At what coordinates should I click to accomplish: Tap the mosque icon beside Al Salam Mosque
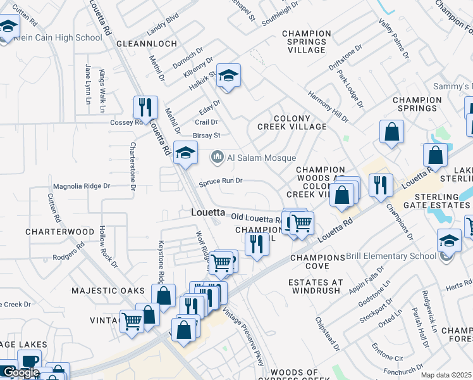tap(218, 156)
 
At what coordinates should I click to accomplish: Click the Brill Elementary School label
tap(391, 256)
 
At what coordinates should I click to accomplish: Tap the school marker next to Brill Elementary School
tap(449, 241)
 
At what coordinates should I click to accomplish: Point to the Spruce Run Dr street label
tap(221, 181)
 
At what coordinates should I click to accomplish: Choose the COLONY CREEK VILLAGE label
tap(292, 122)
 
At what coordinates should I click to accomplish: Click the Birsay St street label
tap(206, 136)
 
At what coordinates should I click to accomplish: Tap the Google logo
tap(21, 372)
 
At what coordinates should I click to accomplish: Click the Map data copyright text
tap(446, 375)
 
